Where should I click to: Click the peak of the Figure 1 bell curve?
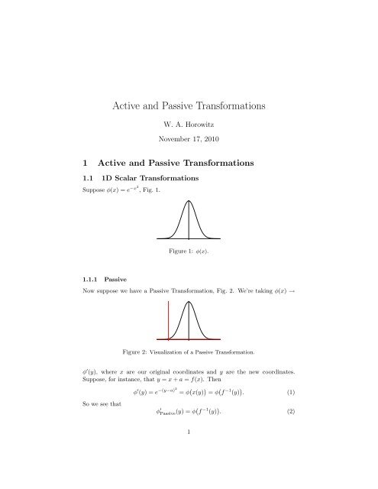189,201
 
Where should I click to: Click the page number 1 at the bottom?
189,474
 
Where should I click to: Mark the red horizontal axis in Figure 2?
189,338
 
